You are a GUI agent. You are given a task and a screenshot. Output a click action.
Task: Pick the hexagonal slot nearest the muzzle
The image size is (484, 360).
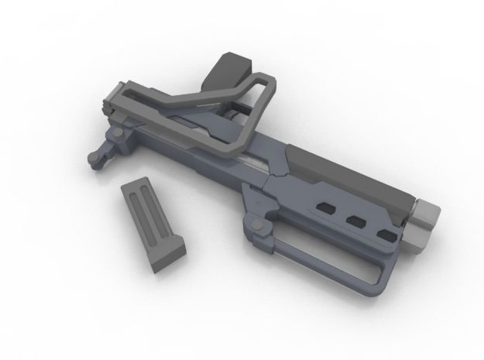[x=385, y=233]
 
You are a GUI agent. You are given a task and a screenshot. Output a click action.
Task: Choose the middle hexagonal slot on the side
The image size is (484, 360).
[x=356, y=221]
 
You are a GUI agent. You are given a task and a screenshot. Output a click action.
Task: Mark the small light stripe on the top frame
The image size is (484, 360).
[x=208, y=102]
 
